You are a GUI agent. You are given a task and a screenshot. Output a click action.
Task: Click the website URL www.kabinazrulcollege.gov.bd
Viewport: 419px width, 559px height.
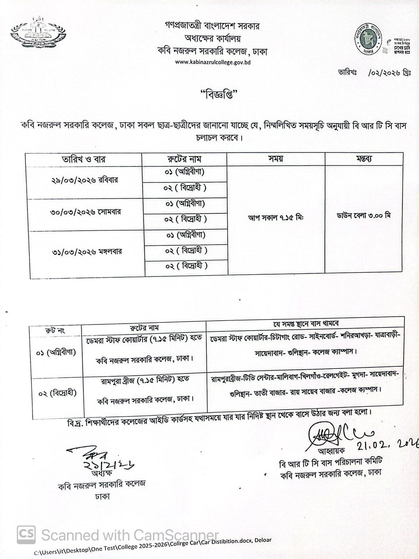213,62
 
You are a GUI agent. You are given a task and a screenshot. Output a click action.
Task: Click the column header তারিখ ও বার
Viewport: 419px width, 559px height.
84,159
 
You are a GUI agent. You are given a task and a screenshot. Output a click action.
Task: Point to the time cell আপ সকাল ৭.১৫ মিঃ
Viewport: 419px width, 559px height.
276,217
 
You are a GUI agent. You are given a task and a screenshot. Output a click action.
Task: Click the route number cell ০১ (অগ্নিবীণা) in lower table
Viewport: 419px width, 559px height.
55,352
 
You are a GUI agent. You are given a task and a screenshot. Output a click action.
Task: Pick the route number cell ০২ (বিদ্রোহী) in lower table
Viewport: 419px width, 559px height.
57,393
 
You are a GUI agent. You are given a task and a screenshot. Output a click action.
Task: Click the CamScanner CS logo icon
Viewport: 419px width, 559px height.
26,534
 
